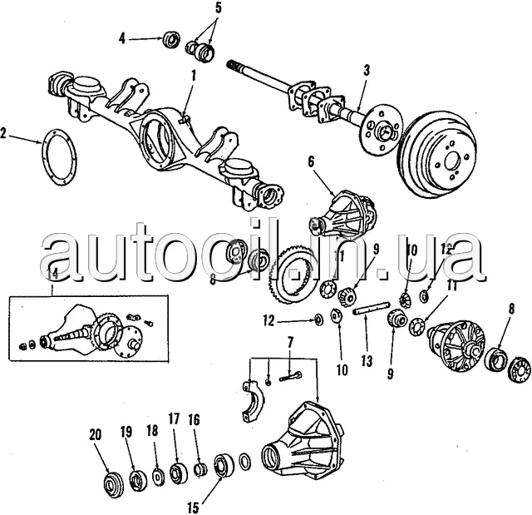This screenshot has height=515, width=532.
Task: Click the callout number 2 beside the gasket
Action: (5, 133)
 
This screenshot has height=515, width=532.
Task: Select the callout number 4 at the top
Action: (122, 38)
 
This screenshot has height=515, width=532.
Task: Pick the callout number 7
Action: (290, 343)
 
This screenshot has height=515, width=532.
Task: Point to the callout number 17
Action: (174, 418)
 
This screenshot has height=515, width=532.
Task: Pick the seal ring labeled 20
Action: (111, 483)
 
